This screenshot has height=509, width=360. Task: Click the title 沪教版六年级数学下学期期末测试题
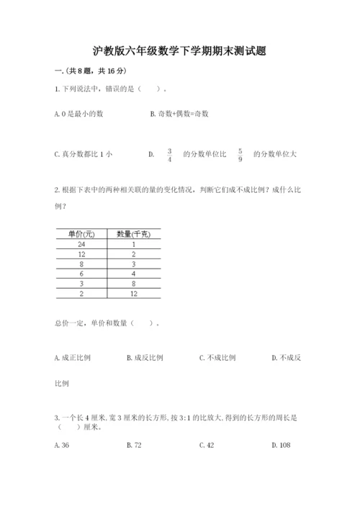tap(180, 51)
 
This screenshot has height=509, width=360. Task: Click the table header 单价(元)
tap(81, 234)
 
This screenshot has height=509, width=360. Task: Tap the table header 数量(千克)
tap(133, 234)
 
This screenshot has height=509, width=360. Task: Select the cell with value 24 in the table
tap(81, 244)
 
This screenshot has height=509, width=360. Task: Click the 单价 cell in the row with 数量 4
tap(81, 274)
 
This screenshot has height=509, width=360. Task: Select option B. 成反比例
tap(145, 357)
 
